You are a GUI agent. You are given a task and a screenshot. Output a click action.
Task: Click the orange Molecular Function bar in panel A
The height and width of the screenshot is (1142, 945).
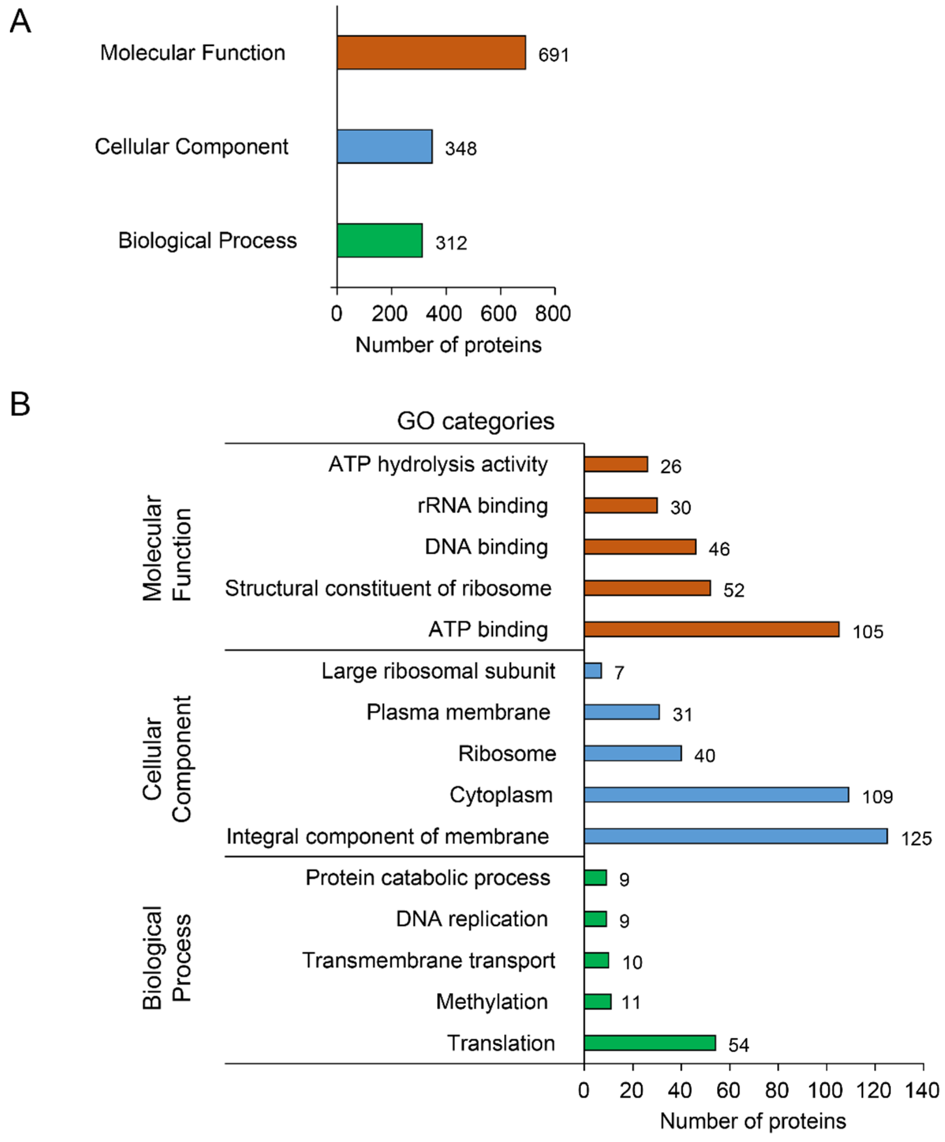click(x=431, y=53)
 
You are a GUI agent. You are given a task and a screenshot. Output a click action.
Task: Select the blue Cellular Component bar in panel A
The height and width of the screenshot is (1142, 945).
click(x=385, y=146)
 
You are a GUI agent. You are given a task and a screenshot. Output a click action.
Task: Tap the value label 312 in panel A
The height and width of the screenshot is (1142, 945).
click(x=451, y=243)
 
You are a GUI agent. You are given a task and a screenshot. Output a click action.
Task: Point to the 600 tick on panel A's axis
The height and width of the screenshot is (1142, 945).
click(x=499, y=314)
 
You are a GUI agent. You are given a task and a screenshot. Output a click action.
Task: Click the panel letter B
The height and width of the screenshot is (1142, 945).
click(x=20, y=405)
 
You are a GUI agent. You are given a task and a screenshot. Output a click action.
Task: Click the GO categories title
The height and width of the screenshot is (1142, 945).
click(x=475, y=421)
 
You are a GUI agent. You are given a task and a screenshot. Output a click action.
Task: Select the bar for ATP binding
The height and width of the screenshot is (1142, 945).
click(x=711, y=629)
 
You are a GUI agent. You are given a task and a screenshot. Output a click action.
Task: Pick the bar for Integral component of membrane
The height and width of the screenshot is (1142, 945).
click(x=736, y=836)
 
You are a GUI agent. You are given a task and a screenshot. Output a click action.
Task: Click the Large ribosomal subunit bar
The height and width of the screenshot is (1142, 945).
click(x=593, y=670)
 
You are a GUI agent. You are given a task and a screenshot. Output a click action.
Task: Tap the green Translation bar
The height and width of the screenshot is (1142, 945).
click(x=650, y=1043)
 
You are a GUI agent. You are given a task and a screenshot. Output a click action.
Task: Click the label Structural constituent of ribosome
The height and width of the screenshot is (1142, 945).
click(x=388, y=588)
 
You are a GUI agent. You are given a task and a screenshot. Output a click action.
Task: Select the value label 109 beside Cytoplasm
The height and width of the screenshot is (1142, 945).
click(x=877, y=797)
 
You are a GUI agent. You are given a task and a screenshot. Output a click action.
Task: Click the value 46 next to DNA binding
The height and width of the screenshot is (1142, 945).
click(x=719, y=549)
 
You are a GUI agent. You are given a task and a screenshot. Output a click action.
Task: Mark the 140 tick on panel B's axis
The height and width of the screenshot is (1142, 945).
click(x=923, y=1090)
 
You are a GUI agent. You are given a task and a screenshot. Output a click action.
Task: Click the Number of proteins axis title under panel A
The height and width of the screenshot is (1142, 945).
click(x=448, y=345)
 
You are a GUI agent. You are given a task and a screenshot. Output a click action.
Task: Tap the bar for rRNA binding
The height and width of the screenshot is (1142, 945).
click(x=620, y=505)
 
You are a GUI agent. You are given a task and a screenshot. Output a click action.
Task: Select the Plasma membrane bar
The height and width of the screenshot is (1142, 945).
click(x=622, y=712)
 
